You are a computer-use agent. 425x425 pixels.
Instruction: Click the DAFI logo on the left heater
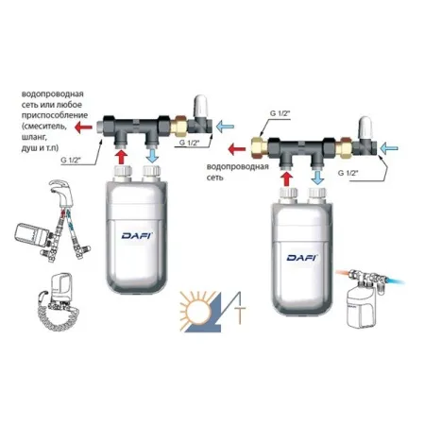(137, 235)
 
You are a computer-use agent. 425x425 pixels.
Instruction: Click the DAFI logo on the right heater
(302, 258)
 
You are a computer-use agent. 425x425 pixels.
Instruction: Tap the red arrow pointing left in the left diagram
(83, 127)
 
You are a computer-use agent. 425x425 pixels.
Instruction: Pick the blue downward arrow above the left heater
(152, 156)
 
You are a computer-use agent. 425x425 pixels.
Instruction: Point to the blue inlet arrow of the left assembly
(226, 127)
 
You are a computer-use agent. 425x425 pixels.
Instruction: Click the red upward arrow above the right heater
(286, 179)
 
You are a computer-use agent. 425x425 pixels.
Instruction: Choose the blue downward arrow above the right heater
(318, 178)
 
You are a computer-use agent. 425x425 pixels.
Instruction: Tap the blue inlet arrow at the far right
(389, 148)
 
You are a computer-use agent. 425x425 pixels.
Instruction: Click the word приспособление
(55, 115)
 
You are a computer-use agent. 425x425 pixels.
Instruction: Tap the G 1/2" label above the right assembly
(280, 113)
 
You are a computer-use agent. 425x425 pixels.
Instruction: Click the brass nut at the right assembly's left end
(260, 146)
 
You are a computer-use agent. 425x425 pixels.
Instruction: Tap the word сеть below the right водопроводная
(215, 178)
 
